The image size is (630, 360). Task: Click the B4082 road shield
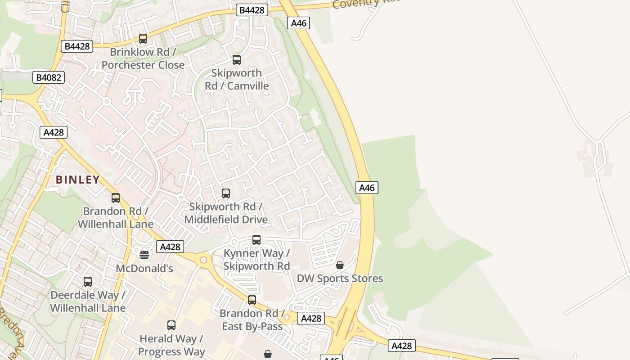click(x=49, y=77)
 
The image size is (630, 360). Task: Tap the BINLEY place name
click(x=78, y=180)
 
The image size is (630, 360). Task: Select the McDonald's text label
click(x=144, y=269)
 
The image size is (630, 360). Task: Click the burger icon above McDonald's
click(x=144, y=255)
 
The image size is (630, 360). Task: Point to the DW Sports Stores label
click(x=340, y=279)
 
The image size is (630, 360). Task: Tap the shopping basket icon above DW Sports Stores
click(x=340, y=265)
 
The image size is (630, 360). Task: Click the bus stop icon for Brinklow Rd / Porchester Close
click(x=143, y=39)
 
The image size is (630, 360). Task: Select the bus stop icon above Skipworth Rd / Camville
click(x=237, y=59)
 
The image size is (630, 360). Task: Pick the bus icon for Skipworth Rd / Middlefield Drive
click(x=226, y=193)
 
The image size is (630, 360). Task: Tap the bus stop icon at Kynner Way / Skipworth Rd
click(x=256, y=240)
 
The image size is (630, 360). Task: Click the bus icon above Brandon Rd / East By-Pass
click(x=252, y=300)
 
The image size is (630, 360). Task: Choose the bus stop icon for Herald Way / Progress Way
click(x=171, y=325)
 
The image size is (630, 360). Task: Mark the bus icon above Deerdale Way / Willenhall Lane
click(x=88, y=282)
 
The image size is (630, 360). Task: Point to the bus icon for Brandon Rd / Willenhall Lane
click(x=116, y=198)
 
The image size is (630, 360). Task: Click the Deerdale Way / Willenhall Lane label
click(x=88, y=301)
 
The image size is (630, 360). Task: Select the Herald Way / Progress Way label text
click(x=171, y=345)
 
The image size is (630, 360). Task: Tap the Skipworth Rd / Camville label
click(x=237, y=79)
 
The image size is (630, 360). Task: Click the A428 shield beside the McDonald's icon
click(x=170, y=247)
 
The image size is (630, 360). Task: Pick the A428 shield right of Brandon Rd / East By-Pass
click(x=311, y=319)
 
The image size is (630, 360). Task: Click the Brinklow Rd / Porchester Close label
click(x=143, y=58)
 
